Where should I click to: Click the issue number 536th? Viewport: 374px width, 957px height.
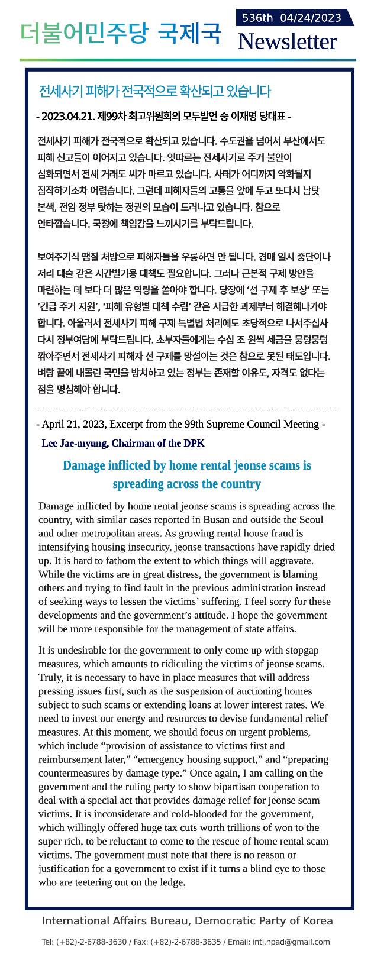click(x=257, y=18)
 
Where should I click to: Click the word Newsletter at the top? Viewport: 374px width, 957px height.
click(x=287, y=41)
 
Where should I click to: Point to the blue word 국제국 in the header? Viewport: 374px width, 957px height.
click(x=189, y=34)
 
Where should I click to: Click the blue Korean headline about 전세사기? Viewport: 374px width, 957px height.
click(x=154, y=91)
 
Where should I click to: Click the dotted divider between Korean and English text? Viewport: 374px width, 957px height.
click(x=186, y=408)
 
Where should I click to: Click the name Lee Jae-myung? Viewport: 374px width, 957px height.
click(x=75, y=443)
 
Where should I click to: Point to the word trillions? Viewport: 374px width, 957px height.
click(x=240, y=827)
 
